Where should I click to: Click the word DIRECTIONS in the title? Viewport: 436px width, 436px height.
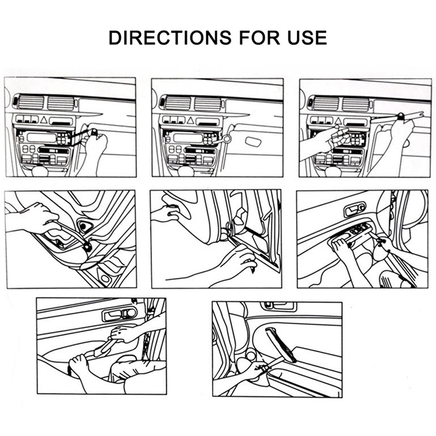click(x=170, y=38)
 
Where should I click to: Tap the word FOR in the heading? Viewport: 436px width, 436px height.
click(x=259, y=38)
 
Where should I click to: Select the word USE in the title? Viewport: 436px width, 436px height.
click(x=307, y=38)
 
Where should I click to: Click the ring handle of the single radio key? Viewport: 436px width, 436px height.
click(x=227, y=138)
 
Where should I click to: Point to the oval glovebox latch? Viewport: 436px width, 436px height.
click(x=253, y=142)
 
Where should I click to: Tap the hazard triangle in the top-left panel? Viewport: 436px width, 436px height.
click(x=44, y=120)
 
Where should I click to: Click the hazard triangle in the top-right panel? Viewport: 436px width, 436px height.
click(x=338, y=120)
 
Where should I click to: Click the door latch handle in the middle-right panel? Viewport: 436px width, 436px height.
click(x=355, y=209)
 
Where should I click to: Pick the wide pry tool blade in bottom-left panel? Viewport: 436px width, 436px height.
click(x=102, y=349)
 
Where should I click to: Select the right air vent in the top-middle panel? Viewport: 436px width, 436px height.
click(x=208, y=104)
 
